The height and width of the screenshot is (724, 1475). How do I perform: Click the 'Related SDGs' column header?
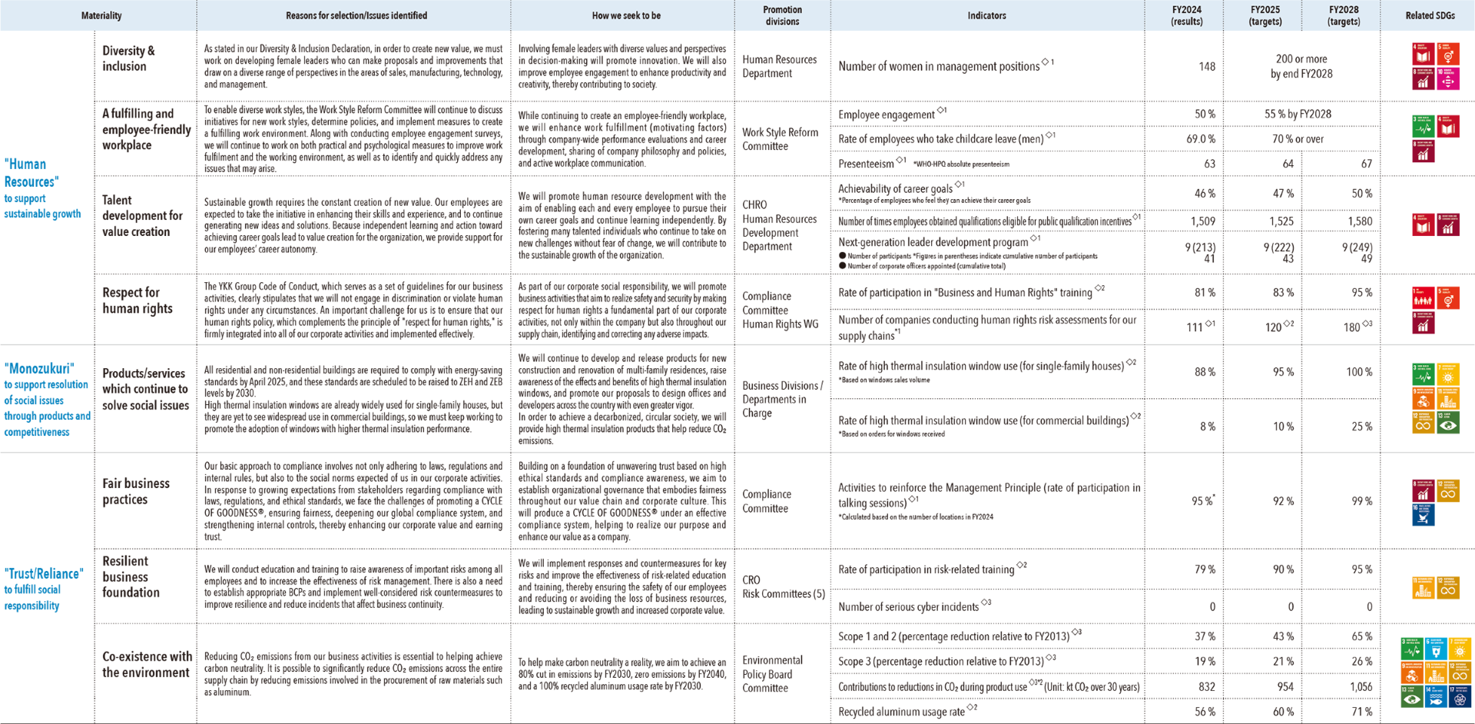coord(1430,15)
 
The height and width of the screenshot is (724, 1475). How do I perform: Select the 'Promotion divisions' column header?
coord(782,15)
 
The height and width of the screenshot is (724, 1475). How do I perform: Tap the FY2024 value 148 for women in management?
coord(1206,67)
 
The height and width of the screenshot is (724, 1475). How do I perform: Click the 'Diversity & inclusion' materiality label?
coord(128,58)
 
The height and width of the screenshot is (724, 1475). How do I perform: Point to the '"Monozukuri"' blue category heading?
coord(39,368)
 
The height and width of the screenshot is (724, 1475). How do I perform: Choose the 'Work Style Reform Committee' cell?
coord(780,139)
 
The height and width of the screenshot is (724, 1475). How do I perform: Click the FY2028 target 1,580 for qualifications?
coord(1359,221)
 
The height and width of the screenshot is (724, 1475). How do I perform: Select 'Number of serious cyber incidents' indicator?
coord(909,607)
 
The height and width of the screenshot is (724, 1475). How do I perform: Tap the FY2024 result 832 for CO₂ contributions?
coord(1206,687)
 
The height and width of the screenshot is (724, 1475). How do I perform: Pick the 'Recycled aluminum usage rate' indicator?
coord(901,712)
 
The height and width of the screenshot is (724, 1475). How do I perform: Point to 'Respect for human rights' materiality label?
coord(137,301)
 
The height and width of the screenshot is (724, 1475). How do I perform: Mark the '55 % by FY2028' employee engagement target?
coord(1298,115)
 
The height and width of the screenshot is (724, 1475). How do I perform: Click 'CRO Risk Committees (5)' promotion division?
coord(783,586)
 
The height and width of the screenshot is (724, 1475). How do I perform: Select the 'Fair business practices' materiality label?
coord(136,491)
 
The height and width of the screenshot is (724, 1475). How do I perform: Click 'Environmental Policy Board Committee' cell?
coord(772,674)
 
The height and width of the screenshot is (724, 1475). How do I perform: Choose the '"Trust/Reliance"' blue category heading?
coord(42,573)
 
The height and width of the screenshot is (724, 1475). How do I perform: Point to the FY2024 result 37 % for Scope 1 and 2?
coord(1205,636)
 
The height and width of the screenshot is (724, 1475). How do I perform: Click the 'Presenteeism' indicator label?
coord(866,164)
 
